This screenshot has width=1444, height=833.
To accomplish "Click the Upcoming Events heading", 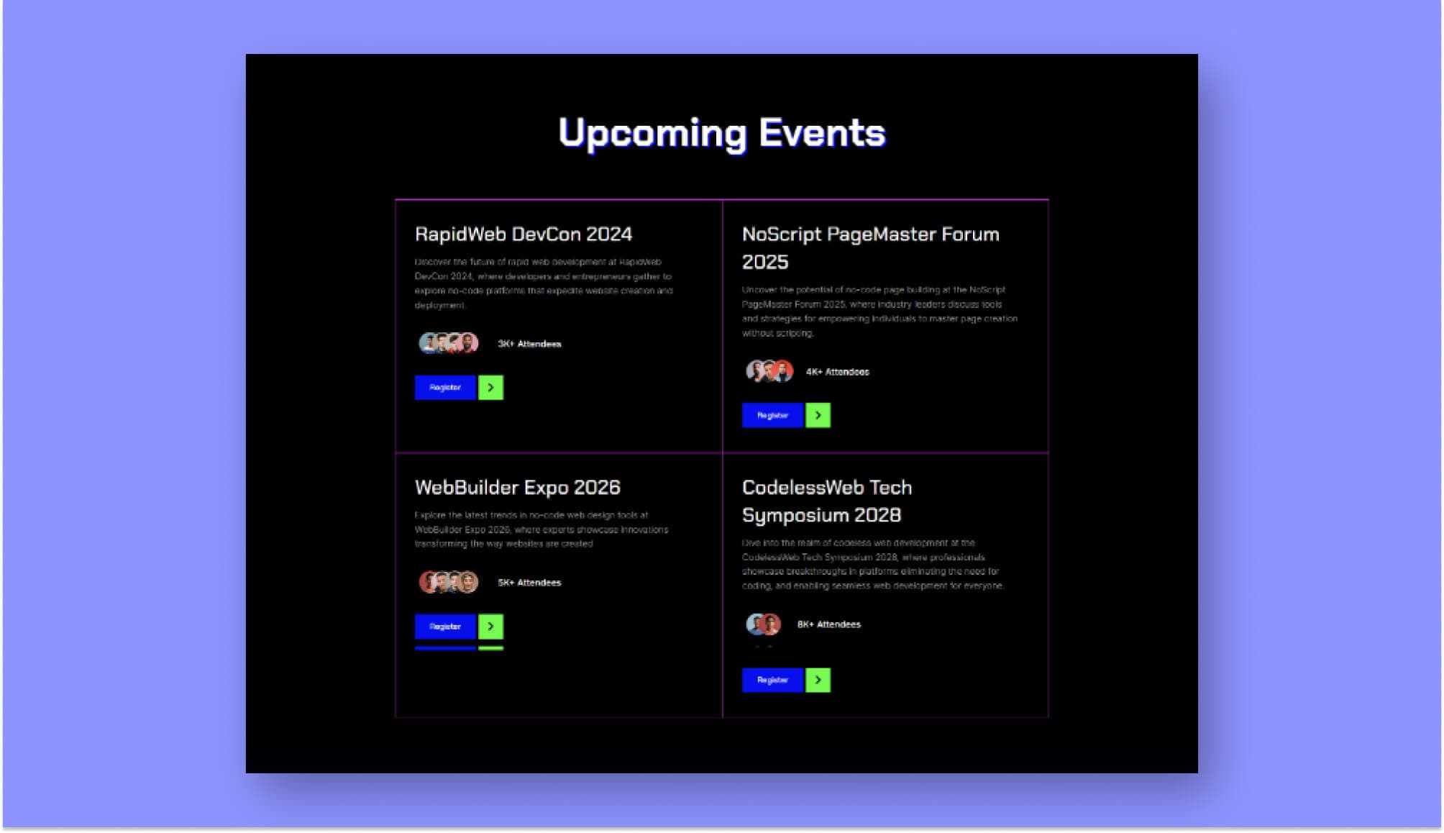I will (x=721, y=133).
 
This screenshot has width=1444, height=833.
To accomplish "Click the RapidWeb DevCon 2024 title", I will (x=523, y=235).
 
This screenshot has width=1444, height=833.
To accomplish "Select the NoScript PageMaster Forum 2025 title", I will (x=870, y=247).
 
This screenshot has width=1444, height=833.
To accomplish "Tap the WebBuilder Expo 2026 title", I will (x=517, y=488).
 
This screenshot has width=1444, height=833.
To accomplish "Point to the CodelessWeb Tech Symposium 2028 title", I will (x=826, y=501).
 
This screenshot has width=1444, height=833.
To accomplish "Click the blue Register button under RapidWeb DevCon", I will (x=445, y=388).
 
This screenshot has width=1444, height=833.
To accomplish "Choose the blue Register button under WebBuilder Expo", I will (x=445, y=627).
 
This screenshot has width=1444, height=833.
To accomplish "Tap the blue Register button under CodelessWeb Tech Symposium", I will (x=772, y=680).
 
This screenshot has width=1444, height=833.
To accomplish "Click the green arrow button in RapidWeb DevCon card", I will (x=490, y=388).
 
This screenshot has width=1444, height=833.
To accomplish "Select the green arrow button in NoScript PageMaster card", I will (x=818, y=416).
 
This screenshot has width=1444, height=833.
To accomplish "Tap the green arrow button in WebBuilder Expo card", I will (x=490, y=627).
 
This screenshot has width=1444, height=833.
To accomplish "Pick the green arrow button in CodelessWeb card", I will (x=818, y=680).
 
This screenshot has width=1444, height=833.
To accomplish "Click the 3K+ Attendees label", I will (x=529, y=345).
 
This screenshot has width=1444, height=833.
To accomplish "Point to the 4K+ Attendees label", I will (x=837, y=373).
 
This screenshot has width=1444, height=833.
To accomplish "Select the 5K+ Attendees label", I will (x=529, y=583).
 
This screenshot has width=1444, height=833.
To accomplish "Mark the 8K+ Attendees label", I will (x=828, y=625).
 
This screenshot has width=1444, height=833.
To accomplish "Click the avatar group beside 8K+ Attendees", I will (x=763, y=624).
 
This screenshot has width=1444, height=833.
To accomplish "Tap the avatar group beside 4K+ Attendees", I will (x=769, y=372).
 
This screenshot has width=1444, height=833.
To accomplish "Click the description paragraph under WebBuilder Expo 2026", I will (x=541, y=530).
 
